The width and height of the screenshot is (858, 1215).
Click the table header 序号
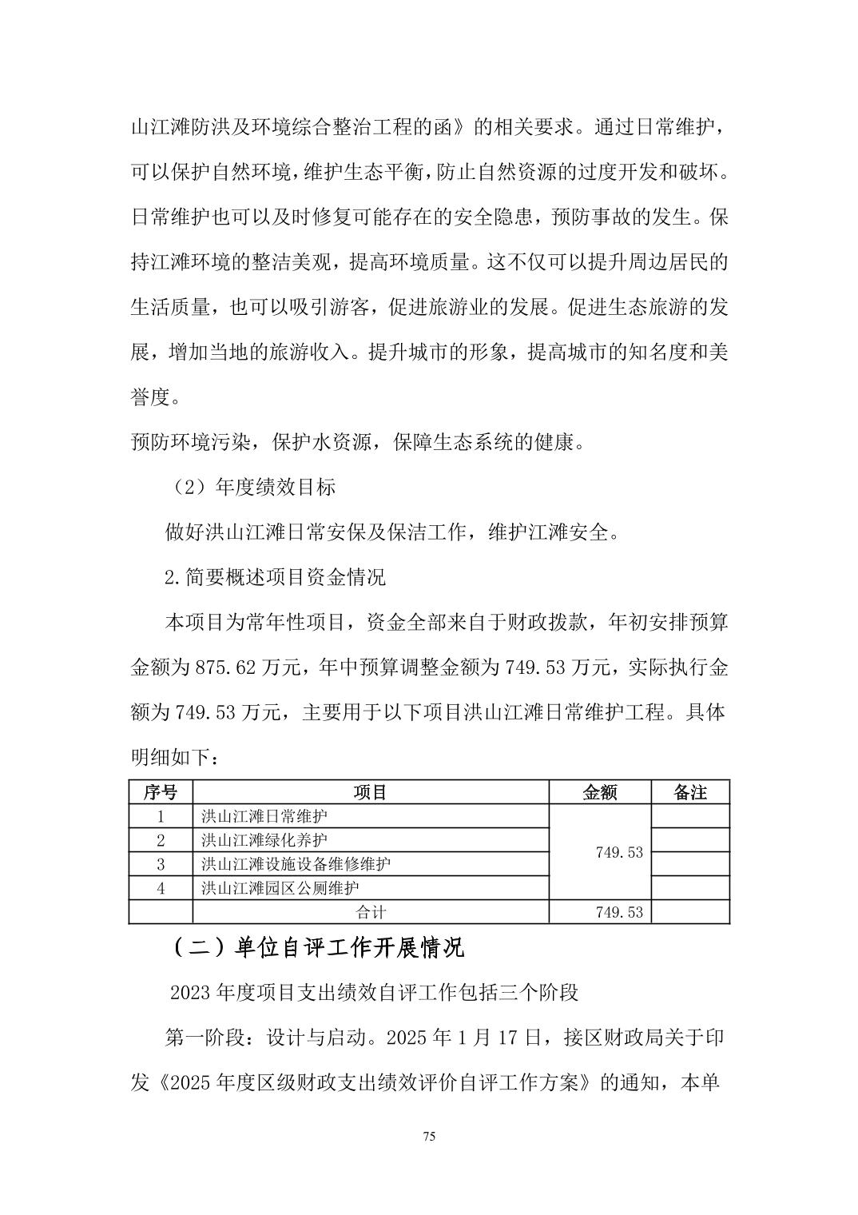click(x=161, y=792)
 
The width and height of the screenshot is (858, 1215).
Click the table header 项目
click(x=370, y=792)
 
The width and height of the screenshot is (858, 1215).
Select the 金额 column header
click(x=600, y=792)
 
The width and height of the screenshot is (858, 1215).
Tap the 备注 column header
click(x=690, y=792)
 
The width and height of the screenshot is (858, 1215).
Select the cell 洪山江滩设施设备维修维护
click(x=296, y=864)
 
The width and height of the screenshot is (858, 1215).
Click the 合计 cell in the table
click(x=370, y=912)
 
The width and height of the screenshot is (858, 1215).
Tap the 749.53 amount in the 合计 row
click(x=619, y=912)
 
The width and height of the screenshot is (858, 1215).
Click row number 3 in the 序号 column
click(x=161, y=864)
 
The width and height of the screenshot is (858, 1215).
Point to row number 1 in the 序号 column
click(x=161, y=816)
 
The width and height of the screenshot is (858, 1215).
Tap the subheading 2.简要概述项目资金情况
click(x=275, y=577)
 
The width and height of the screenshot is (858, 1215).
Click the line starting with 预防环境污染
click(x=357, y=442)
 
